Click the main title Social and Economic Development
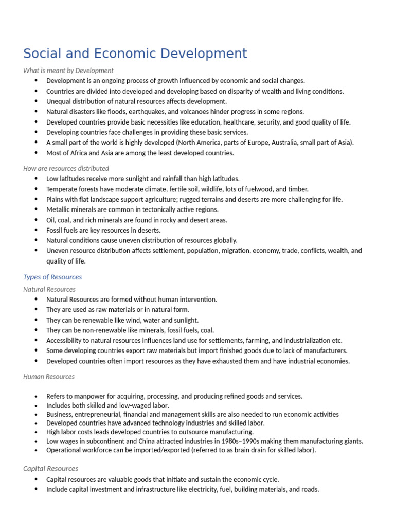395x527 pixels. click(x=135, y=54)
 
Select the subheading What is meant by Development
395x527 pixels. click(x=68, y=71)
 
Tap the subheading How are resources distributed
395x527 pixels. click(x=66, y=168)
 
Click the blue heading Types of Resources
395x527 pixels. click(x=52, y=277)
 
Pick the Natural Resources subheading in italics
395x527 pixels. click(x=49, y=289)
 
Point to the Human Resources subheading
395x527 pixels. click(x=49, y=377)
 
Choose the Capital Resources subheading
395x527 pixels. click(x=51, y=469)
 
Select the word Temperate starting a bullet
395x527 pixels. click(x=61, y=189)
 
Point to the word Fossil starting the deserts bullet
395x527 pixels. click(x=55, y=230)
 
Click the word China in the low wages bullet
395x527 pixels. click(x=151, y=441)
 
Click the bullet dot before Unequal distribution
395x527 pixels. click(x=36, y=101)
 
